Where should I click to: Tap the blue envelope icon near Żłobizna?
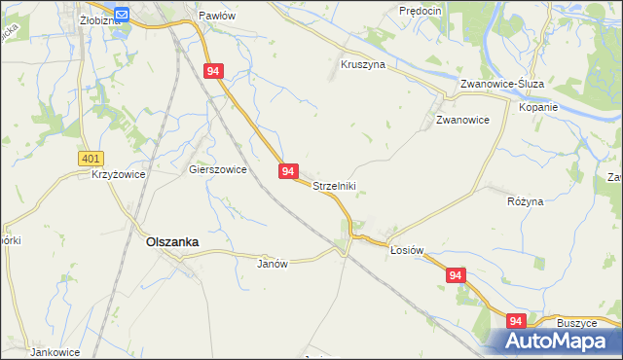[x=122, y=14]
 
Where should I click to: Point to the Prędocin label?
[x=421, y=10]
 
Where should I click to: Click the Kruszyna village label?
[x=363, y=64]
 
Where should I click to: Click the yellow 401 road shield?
[x=90, y=157]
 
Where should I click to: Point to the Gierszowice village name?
[x=217, y=168]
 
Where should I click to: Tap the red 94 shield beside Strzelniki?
[x=288, y=171]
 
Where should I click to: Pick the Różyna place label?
[x=526, y=200]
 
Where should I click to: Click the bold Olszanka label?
[x=172, y=242]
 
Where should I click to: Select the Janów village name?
[x=273, y=263]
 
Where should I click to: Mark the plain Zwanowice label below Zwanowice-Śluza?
[x=461, y=120]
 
